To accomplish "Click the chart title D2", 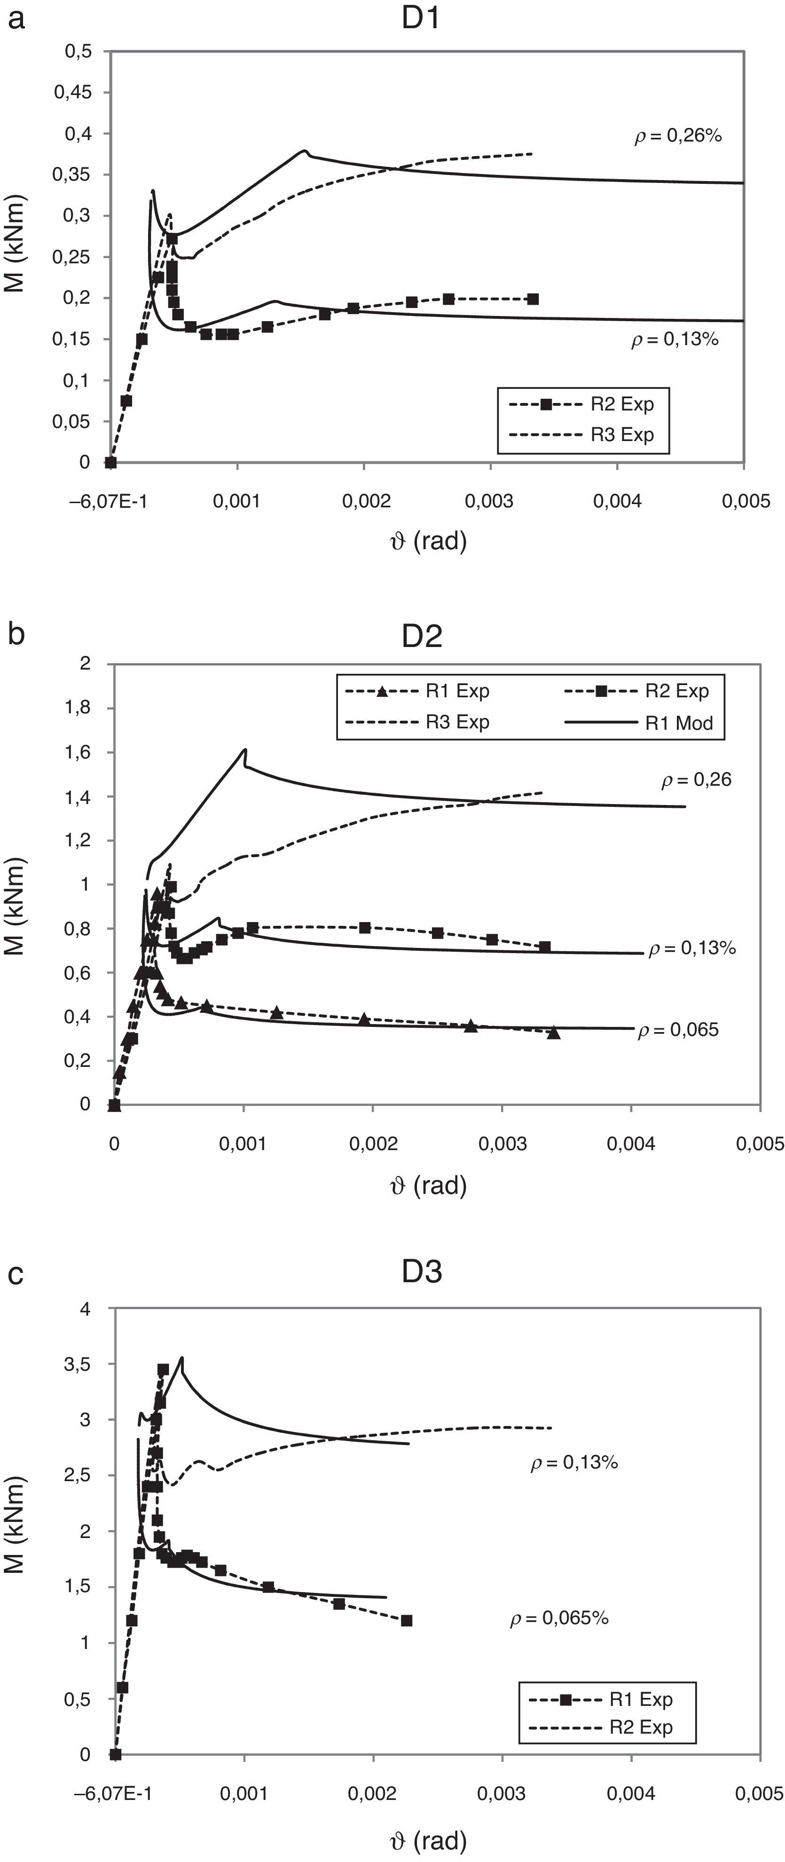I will click(422, 637).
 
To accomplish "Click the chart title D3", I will click(422, 1272).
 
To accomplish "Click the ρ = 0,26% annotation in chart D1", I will click(678, 136).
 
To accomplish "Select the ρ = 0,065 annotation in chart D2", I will click(678, 1030).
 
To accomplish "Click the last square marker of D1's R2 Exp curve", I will click(533, 299).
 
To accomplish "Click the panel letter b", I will click(16, 633).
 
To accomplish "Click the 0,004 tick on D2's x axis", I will click(631, 1144).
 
